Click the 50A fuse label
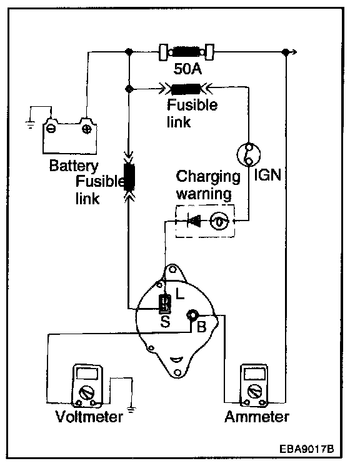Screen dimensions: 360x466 click(x=187, y=69)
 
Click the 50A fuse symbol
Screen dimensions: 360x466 click(x=186, y=52)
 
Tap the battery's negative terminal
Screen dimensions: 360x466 click(x=51, y=129)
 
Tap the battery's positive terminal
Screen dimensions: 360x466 click(x=87, y=129)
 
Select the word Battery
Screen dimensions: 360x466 click(x=74, y=166)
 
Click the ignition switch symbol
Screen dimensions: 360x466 click(x=249, y=154)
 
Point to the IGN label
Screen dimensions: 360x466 click(x=267, y=175)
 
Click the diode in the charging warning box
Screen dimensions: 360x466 click(x=194, y=221)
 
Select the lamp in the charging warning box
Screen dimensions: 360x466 click(x=219, y=221)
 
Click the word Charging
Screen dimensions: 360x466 click(x=208, y=177)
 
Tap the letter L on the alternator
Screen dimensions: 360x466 click(x=180, y=294)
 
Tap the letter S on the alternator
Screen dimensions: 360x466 click(x=165, y=321)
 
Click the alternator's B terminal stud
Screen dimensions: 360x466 click(x=192, y=315)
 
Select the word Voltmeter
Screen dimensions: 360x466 click(x=89, y=417)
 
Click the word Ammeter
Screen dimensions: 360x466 click(x=257, y=417)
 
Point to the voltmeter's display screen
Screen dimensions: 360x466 click(x=87, y=374)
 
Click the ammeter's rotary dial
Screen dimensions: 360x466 click(x=254, y=391)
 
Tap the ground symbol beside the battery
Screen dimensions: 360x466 click(x=30, y=124)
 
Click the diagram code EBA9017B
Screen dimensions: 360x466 click(x=306, y=449)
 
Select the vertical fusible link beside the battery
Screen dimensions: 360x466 click(x=129, y=177)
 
